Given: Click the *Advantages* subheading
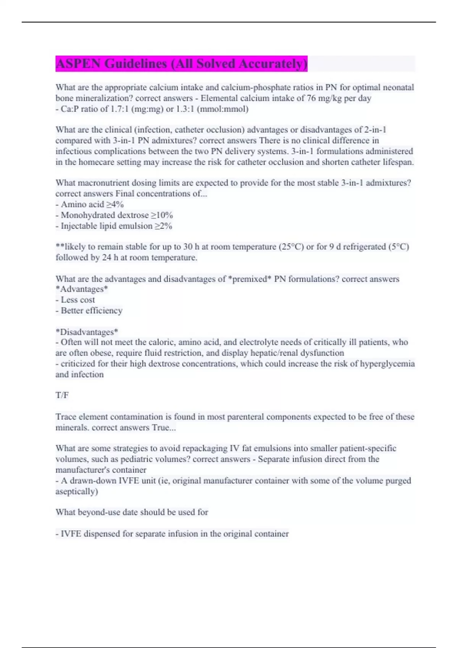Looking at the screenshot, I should (x=82, y=289).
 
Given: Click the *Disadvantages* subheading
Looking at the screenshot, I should (x=87, y=332).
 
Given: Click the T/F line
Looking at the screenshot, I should (x=62, y=395).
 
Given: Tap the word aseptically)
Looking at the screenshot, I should (x=77, y=491).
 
